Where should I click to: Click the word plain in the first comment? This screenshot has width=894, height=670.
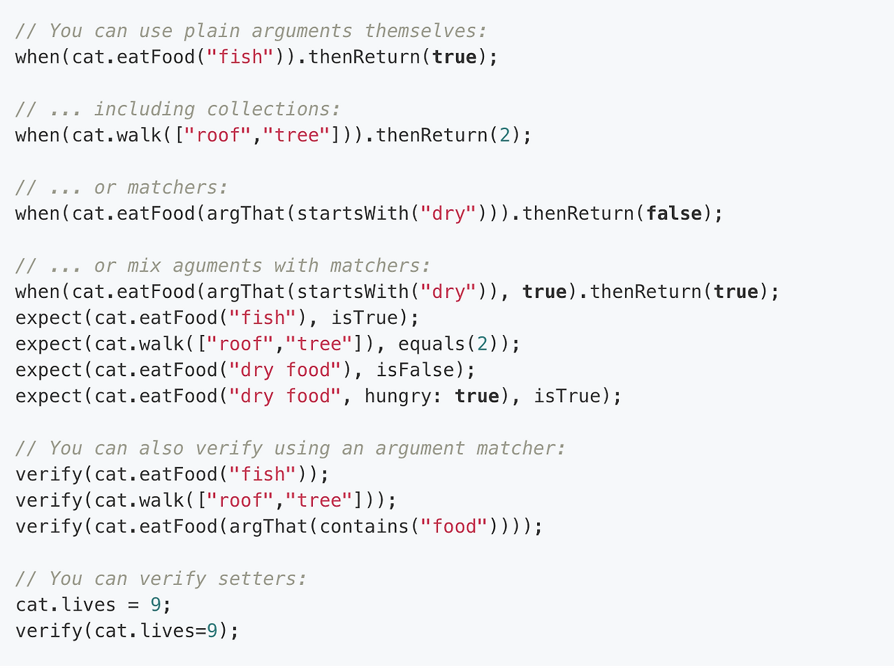coord(212,31)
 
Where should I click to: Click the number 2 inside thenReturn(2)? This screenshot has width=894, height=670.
coord(505,135)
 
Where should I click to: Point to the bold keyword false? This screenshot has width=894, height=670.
coord(674,214)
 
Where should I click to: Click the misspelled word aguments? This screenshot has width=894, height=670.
coord(217,267)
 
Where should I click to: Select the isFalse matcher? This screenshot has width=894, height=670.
coord(415,370)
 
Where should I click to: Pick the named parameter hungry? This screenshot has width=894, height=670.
coord(397,397)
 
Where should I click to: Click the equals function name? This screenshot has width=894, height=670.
coord(432,344)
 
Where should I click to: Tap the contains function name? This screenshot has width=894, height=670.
coord(364,526)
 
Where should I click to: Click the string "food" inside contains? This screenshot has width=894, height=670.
coord(454,526)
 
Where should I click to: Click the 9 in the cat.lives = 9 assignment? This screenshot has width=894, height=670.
coord(156,604)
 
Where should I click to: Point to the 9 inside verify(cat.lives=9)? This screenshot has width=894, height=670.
coord(212,630)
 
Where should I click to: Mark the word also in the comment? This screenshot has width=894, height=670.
coord(161,448)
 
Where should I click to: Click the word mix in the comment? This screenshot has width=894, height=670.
coord(144,266)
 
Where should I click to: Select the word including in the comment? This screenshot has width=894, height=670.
coord(145,110)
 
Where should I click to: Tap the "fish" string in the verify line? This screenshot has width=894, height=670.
coord(263,475)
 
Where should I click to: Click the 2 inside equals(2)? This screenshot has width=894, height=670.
coord(483,344)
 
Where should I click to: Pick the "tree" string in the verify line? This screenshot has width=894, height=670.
coord(318,500)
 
